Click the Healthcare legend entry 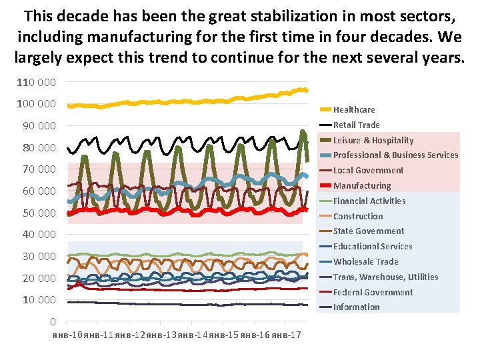354,109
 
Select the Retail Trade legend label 356,125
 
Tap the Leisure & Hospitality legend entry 373,140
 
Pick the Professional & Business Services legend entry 395,155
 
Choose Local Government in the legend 368,170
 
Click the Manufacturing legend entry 362,185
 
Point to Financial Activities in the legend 369,201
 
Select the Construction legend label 358,216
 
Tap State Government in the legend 369,231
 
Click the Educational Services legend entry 373,246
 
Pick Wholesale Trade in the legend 365,261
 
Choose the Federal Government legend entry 373,292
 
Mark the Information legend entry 356,307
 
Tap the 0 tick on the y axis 53,321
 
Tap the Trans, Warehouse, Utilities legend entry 385,277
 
